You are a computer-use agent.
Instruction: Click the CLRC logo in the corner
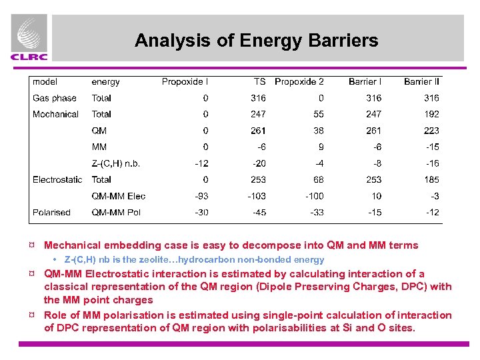[x=29, y=39]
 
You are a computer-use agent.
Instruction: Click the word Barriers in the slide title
[x=343, y=41]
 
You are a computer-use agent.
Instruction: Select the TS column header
[x=259, y=82]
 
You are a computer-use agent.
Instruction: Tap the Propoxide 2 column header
[x=299, y=82]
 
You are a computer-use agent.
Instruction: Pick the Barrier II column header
[x=422, y=82]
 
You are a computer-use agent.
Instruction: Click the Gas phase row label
[x=55, y=98]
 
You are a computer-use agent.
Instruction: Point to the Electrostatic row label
[x=57, y=179]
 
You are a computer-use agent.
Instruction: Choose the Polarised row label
[x=51, y=212]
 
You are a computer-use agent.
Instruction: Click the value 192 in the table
[x=431, y=114]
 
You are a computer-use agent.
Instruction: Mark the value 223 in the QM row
[x=431, y=131]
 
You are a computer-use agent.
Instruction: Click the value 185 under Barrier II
[x=431, y=179]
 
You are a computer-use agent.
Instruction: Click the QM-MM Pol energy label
[x=118, y=212]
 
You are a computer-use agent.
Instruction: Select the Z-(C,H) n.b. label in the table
[x=116, y=163]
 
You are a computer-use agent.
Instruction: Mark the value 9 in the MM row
[x=321, y=147]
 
